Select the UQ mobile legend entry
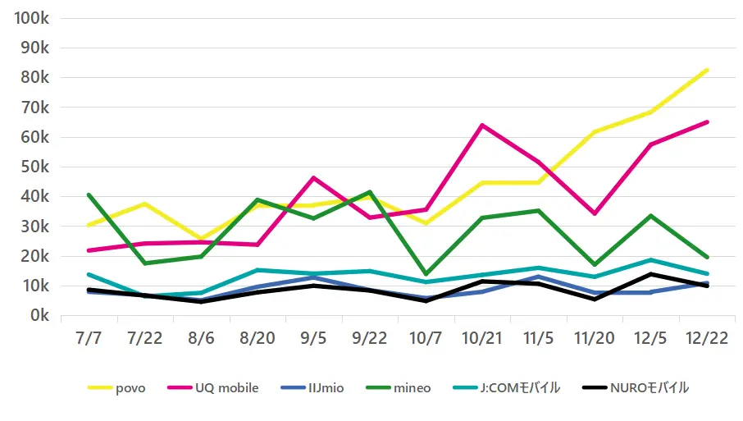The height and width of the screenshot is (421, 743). (212, 388)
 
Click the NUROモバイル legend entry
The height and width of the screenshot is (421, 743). (636, 388)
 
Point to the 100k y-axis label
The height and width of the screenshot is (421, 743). (30, 19)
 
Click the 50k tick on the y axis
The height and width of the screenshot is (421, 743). (34, 167)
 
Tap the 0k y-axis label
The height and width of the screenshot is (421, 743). (38, 316)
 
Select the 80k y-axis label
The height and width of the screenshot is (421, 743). (34, 78)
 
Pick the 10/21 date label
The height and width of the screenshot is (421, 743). (481, 338)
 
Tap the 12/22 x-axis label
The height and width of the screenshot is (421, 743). (708, 338)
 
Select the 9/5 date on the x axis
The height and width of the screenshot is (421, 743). (312, 338)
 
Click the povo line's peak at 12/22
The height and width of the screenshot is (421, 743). (707, 71)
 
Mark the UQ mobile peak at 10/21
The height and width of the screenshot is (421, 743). (481, 126)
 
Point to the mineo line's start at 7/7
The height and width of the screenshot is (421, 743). (88, 195)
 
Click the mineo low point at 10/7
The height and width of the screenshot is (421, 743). (426, 274)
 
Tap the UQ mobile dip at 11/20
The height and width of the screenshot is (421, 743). (594, 213)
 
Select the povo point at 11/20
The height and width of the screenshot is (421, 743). (594, 132)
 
